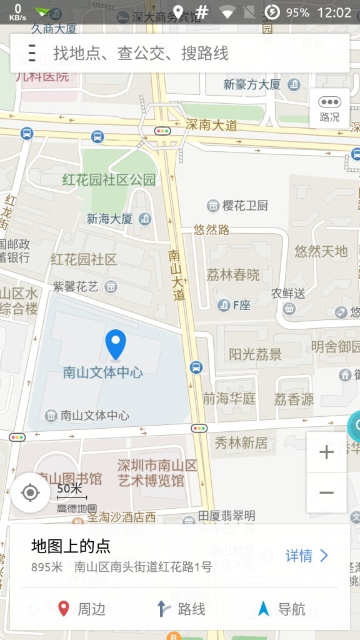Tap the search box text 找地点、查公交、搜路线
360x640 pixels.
(141, 53)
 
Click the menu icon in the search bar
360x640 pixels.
(32, 53)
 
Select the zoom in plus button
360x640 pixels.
(326, 452)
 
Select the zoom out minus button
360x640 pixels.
(326, 492)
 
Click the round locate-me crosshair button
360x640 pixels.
(30, 492)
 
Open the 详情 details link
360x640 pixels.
(306, 556)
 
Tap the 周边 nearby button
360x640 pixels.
(82, 609)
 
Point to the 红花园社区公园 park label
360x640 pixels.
(109, 180)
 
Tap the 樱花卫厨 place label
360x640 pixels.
(245, 206)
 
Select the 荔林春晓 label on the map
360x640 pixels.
(233, 274)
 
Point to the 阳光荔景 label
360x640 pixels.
(255, 354)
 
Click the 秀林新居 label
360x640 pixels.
(241, 443)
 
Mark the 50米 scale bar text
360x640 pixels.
(69, 488)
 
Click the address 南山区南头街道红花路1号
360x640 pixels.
(143, 567)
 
